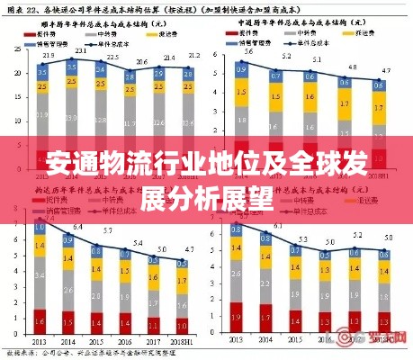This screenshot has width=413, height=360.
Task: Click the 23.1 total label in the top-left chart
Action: (79, 50)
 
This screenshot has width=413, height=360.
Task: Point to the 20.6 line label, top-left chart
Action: (142, 61)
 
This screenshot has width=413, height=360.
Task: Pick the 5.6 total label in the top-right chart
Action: (249, 51)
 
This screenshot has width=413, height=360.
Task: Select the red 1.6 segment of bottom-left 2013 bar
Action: (40, 317)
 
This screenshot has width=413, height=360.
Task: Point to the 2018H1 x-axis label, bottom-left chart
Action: (182, 342)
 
